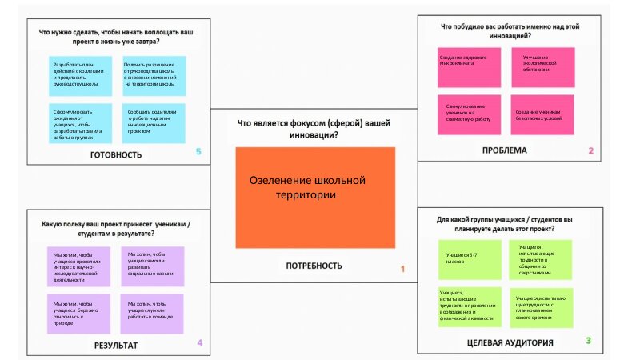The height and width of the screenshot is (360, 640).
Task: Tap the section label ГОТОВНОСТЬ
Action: (x=116, y=154)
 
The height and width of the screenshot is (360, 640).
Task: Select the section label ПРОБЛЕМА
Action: (x=504, y=150)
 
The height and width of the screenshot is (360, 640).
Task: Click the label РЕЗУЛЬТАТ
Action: (x=116, y=345)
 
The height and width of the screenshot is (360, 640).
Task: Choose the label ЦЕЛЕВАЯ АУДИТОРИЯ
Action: (x=510, y=342)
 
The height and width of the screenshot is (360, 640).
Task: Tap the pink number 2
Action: (x=590, y=150)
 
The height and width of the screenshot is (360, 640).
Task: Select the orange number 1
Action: (x=402, y=270)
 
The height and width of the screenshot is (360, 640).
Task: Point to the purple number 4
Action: (x=199, y=343)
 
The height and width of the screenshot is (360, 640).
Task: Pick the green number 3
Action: (x=588, y=341)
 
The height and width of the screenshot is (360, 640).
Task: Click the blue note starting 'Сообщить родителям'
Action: (x=154, y=122)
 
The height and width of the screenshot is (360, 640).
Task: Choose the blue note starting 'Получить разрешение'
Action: (x=154, y=74)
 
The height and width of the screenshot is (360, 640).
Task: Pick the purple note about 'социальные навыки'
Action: (x=152, y=265)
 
